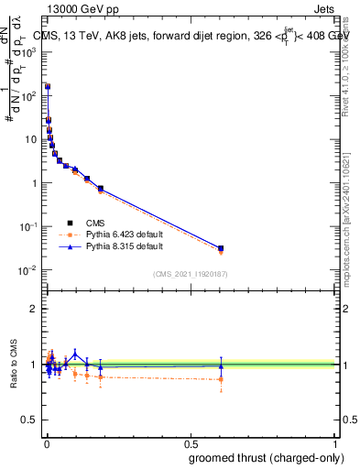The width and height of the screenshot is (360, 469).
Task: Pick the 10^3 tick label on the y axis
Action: tap(28, 52)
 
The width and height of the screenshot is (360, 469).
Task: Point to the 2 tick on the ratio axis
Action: tap(35, 309)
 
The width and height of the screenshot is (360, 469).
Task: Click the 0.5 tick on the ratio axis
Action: tap(31, 421)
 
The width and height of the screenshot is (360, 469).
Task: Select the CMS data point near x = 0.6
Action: tap(221, 248)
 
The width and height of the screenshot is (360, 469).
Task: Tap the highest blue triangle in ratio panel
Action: tap(75, 353)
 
